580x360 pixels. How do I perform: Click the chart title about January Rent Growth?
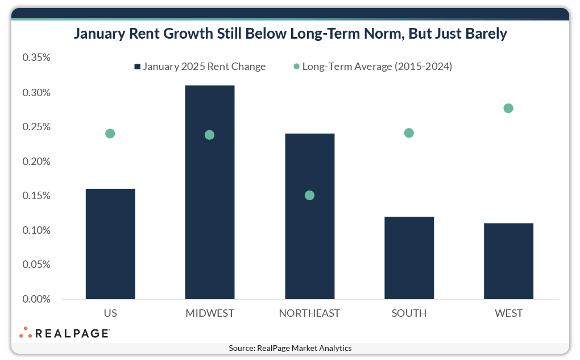pos(290,34)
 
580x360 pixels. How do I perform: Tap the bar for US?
pos(110,245)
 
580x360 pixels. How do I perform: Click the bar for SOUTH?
pos(409,258)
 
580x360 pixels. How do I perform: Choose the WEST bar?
pos(508,261)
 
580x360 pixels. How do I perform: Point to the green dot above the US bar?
pos(110,134)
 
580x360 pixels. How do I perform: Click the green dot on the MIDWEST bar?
pos(209,135)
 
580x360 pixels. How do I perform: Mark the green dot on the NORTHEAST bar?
pos(309,196)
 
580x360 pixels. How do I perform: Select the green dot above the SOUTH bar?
pos(409,133)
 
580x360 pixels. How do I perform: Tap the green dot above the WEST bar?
pos(508,109)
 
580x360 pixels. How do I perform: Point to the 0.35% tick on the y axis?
pos(36,58)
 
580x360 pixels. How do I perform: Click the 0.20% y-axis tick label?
pos(36,162)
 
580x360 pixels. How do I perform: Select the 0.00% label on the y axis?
pos(36,299)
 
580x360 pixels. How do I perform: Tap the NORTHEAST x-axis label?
pos(309,313)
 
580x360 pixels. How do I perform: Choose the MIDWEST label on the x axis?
pos(210,313)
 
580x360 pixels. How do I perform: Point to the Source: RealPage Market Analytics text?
pos(290,348)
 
